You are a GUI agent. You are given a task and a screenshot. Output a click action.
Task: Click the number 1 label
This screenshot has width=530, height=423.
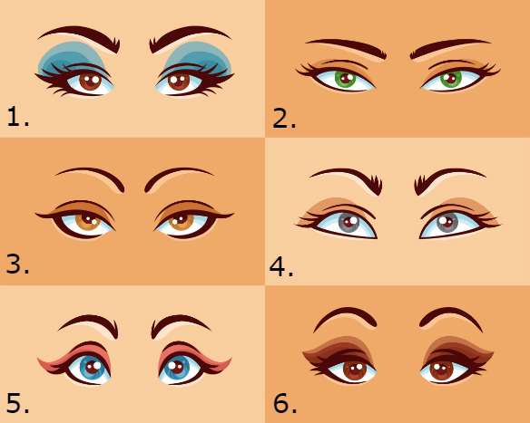(x=18, y=116)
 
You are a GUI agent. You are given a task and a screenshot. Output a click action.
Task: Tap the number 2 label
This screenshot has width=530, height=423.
(x=284, y=119)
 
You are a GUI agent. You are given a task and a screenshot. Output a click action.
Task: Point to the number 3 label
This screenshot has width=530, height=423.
(x=17, y=264)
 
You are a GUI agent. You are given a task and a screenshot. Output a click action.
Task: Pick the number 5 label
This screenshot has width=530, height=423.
(x=17, y=403)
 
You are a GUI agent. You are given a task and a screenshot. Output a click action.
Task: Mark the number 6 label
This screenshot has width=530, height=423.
(x=285, y=403)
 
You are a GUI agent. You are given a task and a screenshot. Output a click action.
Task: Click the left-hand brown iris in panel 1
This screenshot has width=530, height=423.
(x=91, y=82)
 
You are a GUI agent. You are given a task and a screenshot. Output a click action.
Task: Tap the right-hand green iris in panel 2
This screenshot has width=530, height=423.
(x=451, y=80)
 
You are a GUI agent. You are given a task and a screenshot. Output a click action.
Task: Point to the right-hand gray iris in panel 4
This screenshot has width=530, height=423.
(x=447, y=223)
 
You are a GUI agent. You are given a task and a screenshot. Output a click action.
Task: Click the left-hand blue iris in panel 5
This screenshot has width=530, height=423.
(x=92, y=368)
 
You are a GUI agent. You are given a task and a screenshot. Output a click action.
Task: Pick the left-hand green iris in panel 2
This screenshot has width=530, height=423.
(x=345, y=80)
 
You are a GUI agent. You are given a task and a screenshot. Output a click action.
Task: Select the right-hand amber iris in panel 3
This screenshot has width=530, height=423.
(x=182, y=222)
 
